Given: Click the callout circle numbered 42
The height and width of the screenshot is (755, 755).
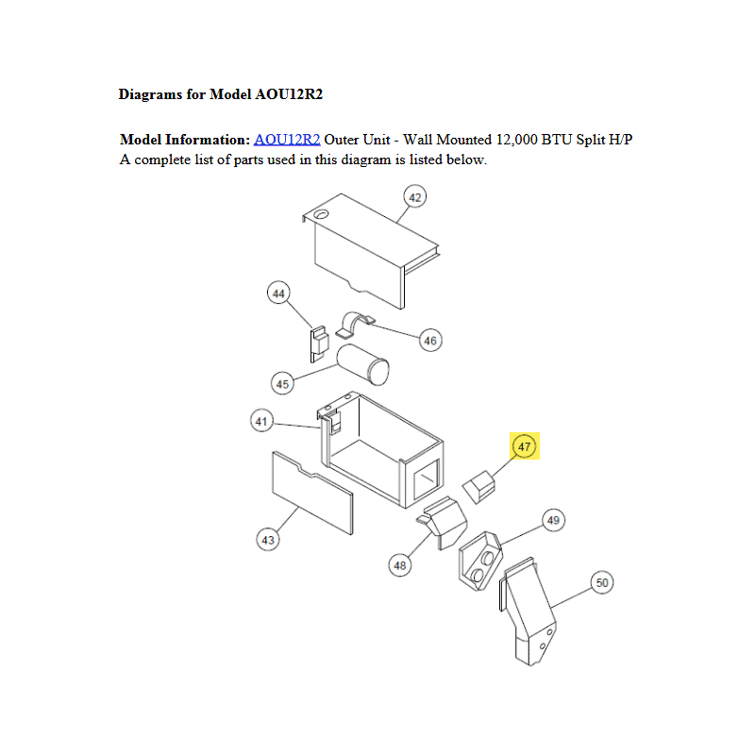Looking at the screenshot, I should [x=414, y=197].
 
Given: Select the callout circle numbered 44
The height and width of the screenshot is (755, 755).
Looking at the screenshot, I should [x=278, y=294].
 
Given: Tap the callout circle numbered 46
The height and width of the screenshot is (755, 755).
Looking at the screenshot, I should [x=430, y=340].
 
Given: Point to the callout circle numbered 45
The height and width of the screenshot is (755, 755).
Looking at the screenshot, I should [x=281, y=383].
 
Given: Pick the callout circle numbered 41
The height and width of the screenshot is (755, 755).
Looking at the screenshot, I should [x=261, y=421].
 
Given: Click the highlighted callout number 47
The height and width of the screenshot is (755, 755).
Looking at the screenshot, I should [x=525, y=446].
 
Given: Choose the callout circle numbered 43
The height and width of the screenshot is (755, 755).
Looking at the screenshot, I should [x=268, y=540].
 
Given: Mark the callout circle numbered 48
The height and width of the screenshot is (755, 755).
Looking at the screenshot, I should [x=401, y=564].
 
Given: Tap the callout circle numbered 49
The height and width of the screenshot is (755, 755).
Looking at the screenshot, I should [x=553, y=520].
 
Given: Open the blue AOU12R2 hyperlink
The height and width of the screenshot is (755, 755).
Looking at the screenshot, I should [x=287, y=140].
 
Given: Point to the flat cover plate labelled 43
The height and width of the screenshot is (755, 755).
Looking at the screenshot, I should [x=312, y=492].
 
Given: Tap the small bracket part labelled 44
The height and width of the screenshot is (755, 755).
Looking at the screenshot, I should [x=319, y=342].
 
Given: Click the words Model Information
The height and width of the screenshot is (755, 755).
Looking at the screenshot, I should [x=185, y=140].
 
